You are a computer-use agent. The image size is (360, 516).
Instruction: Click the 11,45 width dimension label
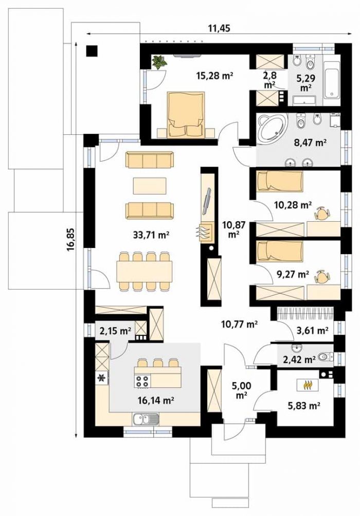(219, 28)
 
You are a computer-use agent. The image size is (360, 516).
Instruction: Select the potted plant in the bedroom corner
(159, 62)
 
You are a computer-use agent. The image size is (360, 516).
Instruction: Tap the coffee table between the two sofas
(149, 186)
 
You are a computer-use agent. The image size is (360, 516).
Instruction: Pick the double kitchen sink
(146, 419)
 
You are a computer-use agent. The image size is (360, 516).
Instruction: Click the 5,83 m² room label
(304, 406)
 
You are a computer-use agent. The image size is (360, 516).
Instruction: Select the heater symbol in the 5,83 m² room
(308, 385)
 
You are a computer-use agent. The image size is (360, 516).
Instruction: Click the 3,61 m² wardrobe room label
(312, 330)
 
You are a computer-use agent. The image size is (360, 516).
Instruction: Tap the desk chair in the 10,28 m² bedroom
(322, 213)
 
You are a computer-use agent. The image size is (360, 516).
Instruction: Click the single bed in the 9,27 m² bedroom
(279, 252)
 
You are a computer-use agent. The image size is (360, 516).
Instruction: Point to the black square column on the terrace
(92, 51)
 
